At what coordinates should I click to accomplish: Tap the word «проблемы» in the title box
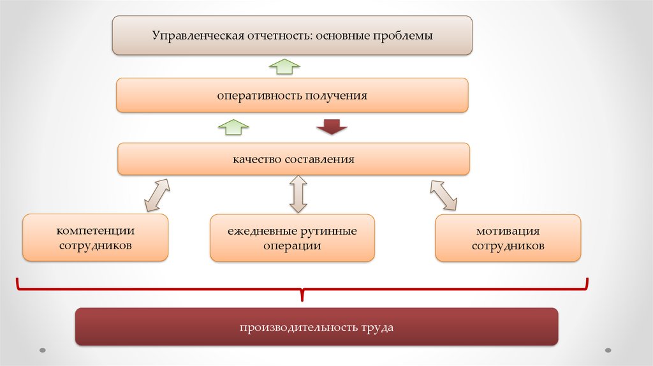click(x=403, y=36)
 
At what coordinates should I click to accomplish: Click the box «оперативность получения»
click(x=292, y=96)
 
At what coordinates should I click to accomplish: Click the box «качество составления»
click(x=293, y=159)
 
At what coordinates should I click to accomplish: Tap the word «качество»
click(x=256, y=159)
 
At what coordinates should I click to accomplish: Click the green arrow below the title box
click(x=284, y=66)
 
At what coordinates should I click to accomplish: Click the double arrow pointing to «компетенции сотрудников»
click(x=157, y=194)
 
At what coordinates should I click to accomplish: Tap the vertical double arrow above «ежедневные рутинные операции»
click(x=298, y=194)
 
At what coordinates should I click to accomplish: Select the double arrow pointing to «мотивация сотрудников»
click(x=444, y=194)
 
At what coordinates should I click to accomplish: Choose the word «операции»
click(x=292, y=245)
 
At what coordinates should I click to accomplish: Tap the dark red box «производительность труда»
click(x=316, y=328)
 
